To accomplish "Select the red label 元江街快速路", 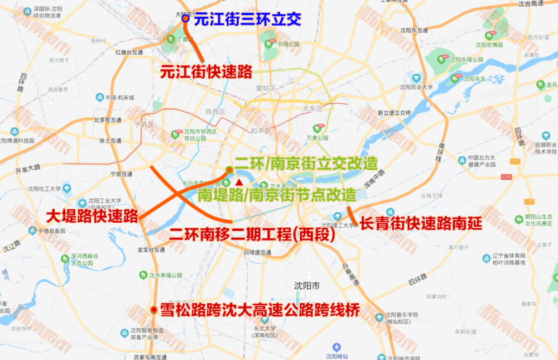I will click(206, 72).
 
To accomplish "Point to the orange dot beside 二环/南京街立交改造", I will click(229, 169).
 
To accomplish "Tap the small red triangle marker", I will click(239, 183).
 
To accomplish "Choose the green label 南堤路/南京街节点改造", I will click(277, 195).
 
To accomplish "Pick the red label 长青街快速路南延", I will click(420, 223).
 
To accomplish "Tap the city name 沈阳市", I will click(307, 286).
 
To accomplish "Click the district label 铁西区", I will click(215, 111).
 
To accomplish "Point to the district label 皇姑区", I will click(266, 88).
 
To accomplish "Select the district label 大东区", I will click(313, 108).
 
